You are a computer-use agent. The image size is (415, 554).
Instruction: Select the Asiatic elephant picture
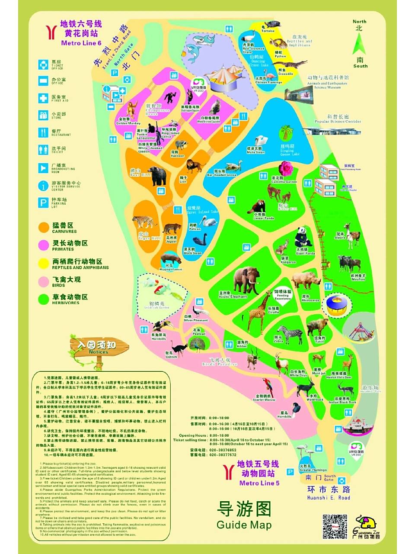(247, 280)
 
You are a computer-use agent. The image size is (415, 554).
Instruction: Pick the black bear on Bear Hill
(156, 176)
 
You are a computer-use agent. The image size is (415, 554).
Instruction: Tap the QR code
(335, 526)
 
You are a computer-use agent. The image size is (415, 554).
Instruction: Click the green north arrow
(360, 43)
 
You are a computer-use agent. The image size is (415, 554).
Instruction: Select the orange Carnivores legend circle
(44, 227)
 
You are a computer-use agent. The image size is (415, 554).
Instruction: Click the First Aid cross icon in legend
(43, 98)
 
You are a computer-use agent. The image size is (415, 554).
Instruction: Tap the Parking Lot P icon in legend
(43, 202)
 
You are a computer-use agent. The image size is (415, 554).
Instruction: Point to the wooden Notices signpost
(99, 347)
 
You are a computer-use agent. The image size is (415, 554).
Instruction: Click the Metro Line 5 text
(259, 483)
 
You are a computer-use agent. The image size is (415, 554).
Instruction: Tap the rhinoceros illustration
(306, 280)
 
